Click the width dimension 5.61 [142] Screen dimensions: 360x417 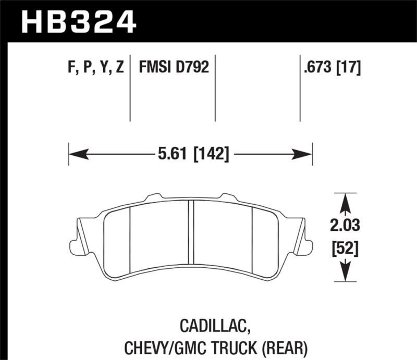(x=192, y=154)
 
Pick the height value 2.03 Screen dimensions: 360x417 (x=345, y=226)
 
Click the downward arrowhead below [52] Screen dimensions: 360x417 (x=345, y=272)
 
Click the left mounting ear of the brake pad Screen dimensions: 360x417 (x=78, y=242)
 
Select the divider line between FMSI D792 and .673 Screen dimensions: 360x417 (x=300, y=89)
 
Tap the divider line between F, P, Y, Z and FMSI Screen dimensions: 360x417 (x=130, y=89)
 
